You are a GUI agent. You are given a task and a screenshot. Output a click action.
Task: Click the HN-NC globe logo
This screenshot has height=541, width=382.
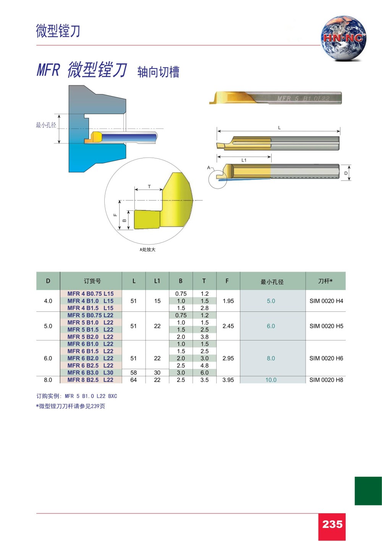point(343,38)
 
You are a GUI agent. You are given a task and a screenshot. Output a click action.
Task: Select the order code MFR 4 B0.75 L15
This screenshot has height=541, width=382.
point(91,294)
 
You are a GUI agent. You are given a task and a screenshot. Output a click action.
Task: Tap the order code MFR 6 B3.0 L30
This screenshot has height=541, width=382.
point(91,373)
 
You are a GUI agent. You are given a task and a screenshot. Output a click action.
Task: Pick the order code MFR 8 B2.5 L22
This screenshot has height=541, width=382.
point(91,380)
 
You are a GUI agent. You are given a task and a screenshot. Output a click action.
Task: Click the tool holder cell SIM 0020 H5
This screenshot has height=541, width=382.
point(326,326)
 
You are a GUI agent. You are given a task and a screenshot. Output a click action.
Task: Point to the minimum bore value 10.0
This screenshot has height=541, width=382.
point(271,380)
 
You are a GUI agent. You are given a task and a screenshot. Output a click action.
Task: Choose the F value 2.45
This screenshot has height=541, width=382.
point(228,326)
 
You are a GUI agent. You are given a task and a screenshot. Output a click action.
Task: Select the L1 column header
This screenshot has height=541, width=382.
point(157,281)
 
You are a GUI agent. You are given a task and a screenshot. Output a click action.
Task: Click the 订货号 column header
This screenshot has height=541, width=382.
point(92,281)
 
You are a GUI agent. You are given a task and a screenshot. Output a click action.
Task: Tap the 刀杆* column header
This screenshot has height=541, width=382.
point(325,281)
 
